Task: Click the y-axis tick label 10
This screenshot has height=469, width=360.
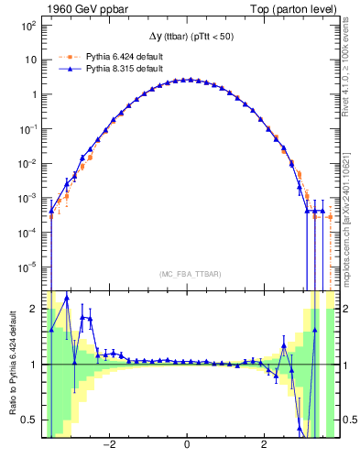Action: pos(29,60)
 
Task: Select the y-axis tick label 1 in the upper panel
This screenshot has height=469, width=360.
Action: pos(32,94)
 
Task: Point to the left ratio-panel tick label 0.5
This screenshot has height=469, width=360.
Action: pos(29,420)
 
